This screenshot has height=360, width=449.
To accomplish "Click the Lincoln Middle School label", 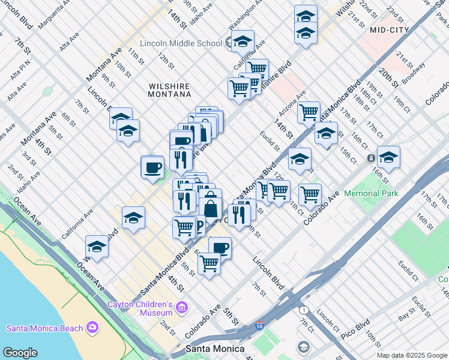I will point(181,43).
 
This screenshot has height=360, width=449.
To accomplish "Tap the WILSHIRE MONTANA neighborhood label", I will point(169,90).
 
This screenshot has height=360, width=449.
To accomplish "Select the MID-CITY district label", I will point(389,29).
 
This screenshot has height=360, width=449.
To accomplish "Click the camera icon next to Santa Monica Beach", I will point(92,327).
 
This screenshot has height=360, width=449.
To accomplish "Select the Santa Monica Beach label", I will point(45,328).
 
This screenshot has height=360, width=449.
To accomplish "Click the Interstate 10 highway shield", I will point(259,326).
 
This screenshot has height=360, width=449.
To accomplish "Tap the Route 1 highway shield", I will point(304,310).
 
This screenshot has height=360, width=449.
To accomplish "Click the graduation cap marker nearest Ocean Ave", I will point(97,245).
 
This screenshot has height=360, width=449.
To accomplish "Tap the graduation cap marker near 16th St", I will point(388,157).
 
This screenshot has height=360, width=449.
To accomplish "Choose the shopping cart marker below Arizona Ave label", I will point(309,111).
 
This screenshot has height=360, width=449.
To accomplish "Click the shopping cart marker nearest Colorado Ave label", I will point(310,193).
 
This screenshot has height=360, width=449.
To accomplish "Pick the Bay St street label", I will point(407,312).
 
